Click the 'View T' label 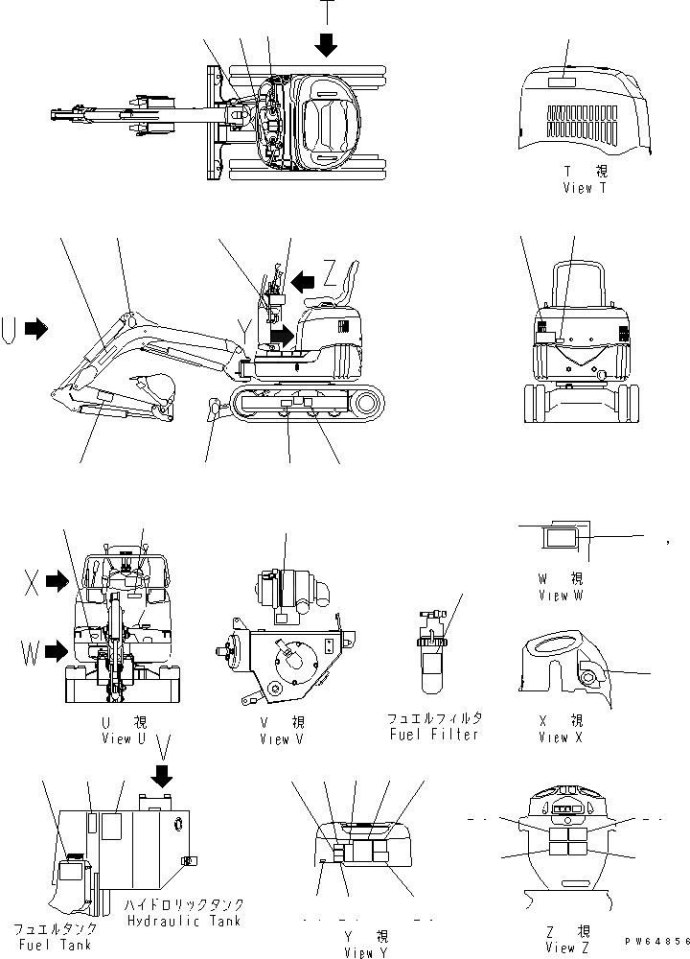tap(584, 188)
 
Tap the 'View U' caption tap(124, 738)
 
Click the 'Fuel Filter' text tap(433, 734)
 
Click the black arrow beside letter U tap(36, 329)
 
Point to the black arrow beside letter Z tap(305, 280)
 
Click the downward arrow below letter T tap(326, 44)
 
